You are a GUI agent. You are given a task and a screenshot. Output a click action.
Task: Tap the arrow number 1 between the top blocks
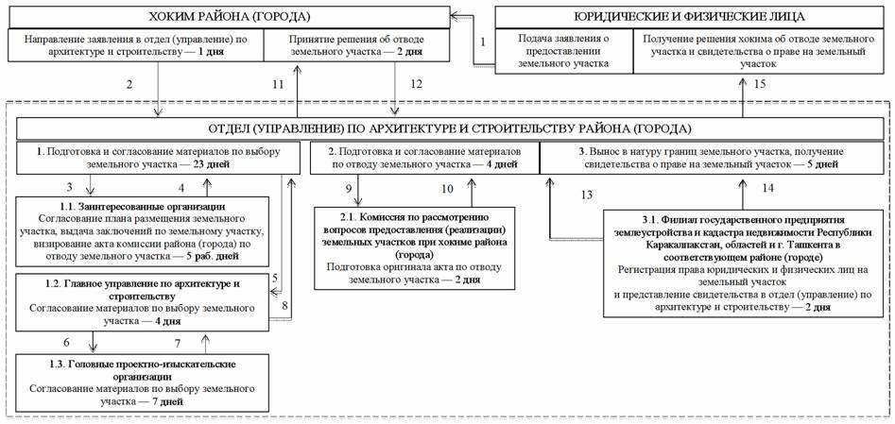(482, 42)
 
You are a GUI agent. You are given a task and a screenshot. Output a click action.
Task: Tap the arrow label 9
(348, 190)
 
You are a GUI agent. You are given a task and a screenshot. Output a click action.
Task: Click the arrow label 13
(588, 195)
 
